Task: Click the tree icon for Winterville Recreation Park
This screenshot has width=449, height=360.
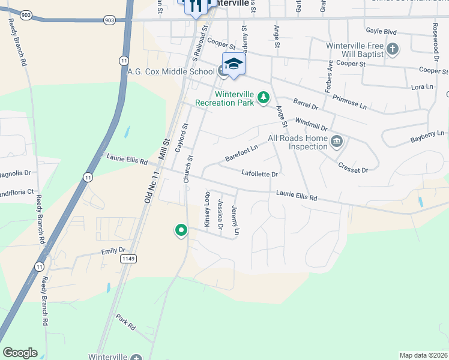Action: [x=263, y=97]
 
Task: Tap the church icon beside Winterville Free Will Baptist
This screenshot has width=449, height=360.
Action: [x=393, y=49]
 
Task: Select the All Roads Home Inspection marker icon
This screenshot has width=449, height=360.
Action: [x=336, y=142]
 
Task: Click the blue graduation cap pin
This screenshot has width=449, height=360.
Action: [x=234, y=65]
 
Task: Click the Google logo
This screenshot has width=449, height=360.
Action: [x=20, y=353]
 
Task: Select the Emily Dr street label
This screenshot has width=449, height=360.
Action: [x=113, y=251]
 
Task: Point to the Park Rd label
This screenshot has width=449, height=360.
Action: [x=126, y=323]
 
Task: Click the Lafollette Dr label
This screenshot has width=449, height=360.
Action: [x=259, y=174]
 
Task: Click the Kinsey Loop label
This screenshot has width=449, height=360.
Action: [x=208, y=209]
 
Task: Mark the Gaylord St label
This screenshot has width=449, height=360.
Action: [x=178, y=137]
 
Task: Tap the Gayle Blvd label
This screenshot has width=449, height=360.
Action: [x=382, y=31]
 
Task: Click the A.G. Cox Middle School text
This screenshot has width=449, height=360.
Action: [x=171, y=71]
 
